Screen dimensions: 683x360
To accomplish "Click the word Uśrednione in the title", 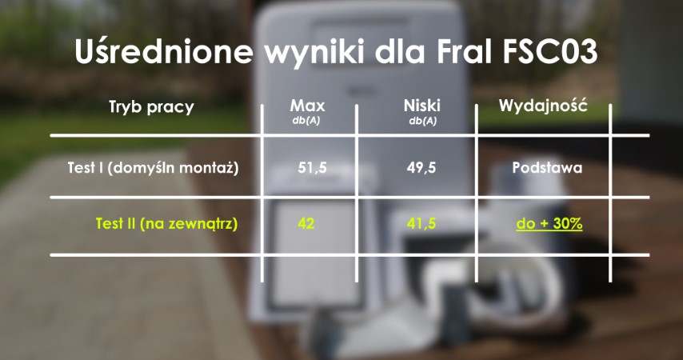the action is point(164,51).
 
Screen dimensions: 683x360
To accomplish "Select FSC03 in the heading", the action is point(549,52).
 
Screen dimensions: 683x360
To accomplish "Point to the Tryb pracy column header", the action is point(151,107).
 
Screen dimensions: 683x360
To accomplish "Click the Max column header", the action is point(308,106).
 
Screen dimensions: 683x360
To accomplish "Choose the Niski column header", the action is point(422,106).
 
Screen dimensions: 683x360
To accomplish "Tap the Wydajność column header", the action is point(543,106).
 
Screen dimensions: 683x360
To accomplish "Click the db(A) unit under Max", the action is point(306,121).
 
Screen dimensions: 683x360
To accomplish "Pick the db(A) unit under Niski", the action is point(422,121).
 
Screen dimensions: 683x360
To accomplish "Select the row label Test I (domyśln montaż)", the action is point(153,168).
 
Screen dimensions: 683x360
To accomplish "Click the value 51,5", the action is point(313,168).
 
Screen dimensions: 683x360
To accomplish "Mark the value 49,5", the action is point(421,168).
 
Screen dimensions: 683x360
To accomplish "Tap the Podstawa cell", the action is point(547,168).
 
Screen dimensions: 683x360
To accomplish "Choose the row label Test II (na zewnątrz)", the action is point(167,224).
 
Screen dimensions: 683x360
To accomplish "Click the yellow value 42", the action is point(306,223).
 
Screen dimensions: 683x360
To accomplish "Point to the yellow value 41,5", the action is point(421,223).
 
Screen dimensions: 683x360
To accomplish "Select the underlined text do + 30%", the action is point(549,224).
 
